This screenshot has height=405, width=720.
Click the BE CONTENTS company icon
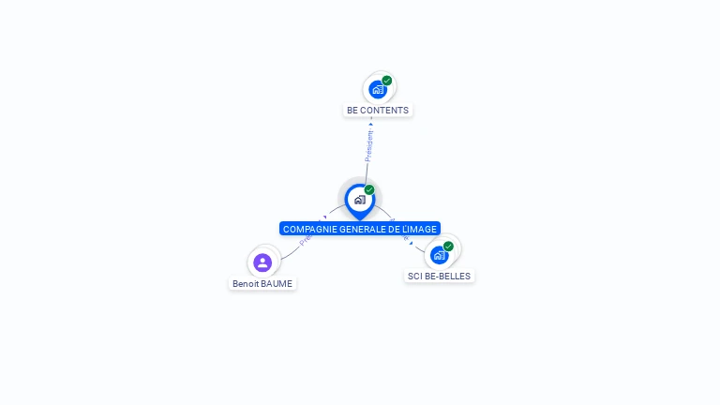click(377, 89)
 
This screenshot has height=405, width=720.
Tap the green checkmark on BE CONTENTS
click(387, 81)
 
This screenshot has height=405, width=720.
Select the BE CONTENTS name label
click(378, 111)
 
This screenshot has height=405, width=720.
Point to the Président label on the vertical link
click(368, 144)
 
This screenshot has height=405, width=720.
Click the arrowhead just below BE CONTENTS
click(371, 123)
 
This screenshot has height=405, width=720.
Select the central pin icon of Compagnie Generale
click(359, 200)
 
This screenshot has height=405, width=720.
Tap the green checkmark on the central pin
click(369, 190)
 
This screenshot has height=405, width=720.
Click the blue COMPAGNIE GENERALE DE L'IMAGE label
click(360, 229)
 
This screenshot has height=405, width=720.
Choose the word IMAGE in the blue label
click(423, 229)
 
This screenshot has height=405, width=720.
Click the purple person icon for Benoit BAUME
click(262, 262)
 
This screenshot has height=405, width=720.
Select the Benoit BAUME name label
click(262, 283)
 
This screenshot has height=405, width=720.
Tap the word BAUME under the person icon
click(277, 283)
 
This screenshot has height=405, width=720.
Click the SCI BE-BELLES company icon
click(439, 255)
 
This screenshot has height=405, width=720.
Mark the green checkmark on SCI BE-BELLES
click(448, 247)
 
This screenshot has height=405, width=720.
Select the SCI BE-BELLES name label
click(440, 277)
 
